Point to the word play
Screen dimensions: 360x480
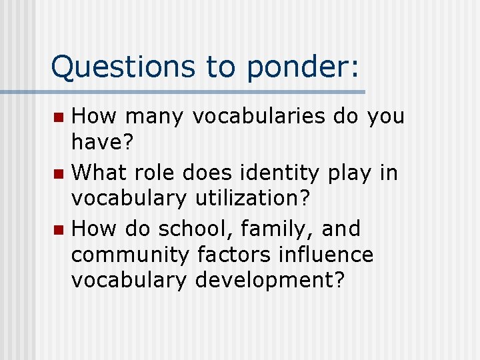click(351, 174)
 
